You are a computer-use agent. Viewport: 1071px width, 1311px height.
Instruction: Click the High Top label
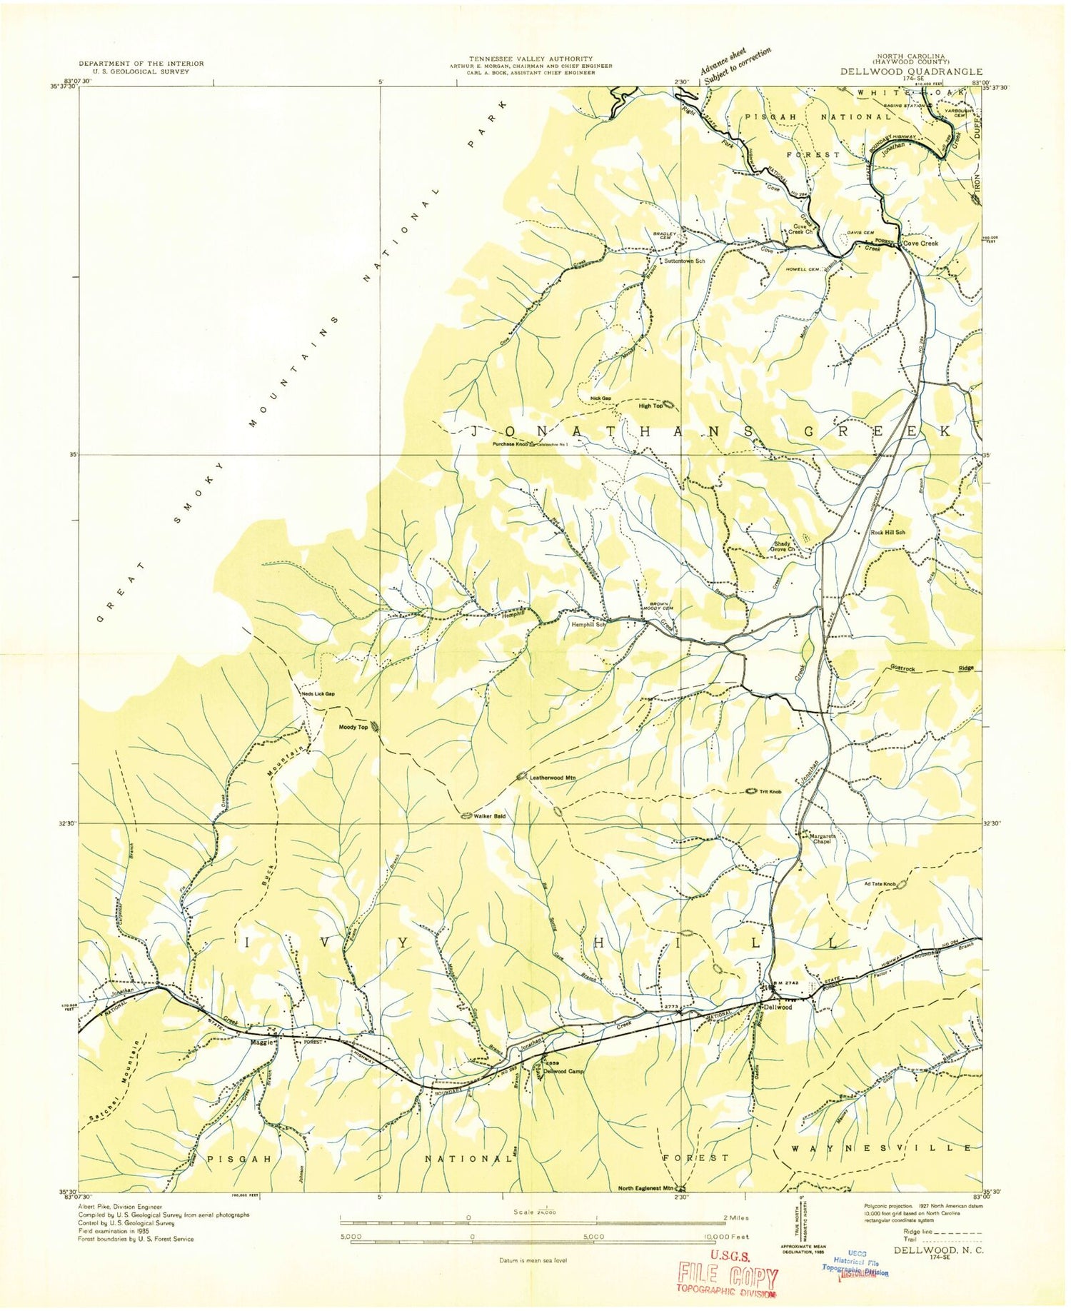[x=650, y=406]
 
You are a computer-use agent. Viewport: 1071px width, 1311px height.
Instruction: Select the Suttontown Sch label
[x=684, y=261]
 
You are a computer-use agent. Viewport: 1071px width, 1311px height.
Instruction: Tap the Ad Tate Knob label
[x=880, y=884]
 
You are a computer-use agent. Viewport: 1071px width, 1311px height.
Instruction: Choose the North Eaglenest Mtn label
[x=645, y=1189]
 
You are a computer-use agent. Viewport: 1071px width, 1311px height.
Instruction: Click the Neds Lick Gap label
[x=318, y=694]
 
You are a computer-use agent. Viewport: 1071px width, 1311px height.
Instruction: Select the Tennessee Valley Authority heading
[x=530, y=59]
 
